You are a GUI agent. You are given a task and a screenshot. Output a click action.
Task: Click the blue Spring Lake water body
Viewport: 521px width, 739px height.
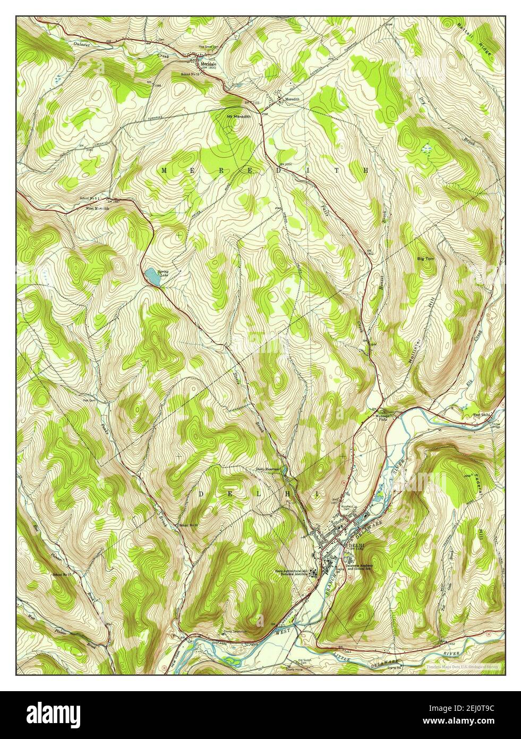(151, 276)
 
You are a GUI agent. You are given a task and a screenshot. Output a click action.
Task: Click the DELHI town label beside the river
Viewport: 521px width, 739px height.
(354, 545)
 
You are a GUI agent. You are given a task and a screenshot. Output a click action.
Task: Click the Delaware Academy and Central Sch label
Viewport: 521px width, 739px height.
(364, 567)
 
